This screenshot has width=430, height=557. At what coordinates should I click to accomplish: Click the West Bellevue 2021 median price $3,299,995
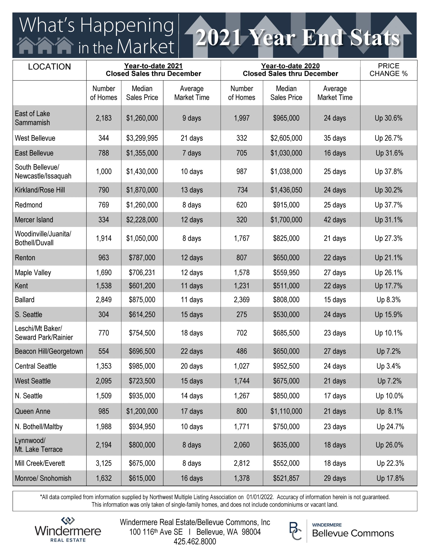tap(142, 138)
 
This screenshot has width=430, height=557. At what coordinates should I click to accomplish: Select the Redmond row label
tap(28, 205)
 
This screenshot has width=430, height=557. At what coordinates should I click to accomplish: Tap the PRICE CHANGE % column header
tap(388, 70)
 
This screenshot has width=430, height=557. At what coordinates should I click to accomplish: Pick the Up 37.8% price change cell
tap(388, 172)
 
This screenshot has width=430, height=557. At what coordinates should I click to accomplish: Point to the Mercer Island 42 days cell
tap(335, 220)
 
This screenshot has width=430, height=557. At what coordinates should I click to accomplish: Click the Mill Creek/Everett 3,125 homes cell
tap(104, 463)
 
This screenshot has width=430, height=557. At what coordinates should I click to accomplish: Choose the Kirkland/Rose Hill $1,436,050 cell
tap(286, 190)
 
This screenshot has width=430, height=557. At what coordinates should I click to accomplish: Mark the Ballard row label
tap(25, 300)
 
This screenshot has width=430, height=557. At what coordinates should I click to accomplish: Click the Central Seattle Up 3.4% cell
tap(388, 366)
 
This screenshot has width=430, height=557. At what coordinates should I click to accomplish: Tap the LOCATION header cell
tap(49, 67)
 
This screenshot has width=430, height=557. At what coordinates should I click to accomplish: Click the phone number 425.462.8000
tap(195, 541)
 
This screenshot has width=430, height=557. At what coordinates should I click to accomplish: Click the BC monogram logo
tap(295, 531)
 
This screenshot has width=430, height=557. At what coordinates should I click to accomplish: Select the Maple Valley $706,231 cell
tap(142, 273)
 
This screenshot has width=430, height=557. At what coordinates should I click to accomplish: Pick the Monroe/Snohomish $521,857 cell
tap(286, 478)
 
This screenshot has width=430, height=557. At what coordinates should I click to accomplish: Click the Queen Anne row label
tap(33, 411)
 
